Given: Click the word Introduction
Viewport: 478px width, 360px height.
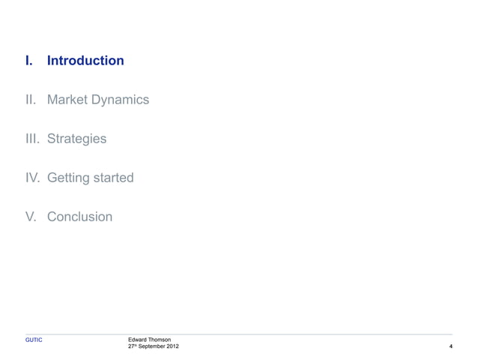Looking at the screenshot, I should pyautogui.click(x=85, y=61).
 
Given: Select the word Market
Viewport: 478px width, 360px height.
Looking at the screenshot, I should pyautogui.click(x=67, y=100).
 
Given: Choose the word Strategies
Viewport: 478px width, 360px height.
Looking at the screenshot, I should pyautogui.click(x=76, y=139).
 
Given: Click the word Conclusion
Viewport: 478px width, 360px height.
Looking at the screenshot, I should pyautogui.click(x=79, y=217).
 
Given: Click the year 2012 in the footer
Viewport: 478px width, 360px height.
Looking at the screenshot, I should pyautogui.click(x=173, y=347).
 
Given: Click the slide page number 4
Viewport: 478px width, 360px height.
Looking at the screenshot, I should pyautogui.click(x=450, y=347).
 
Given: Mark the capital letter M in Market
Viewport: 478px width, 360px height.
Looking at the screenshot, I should pyautogui.click(x=52, y=100).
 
